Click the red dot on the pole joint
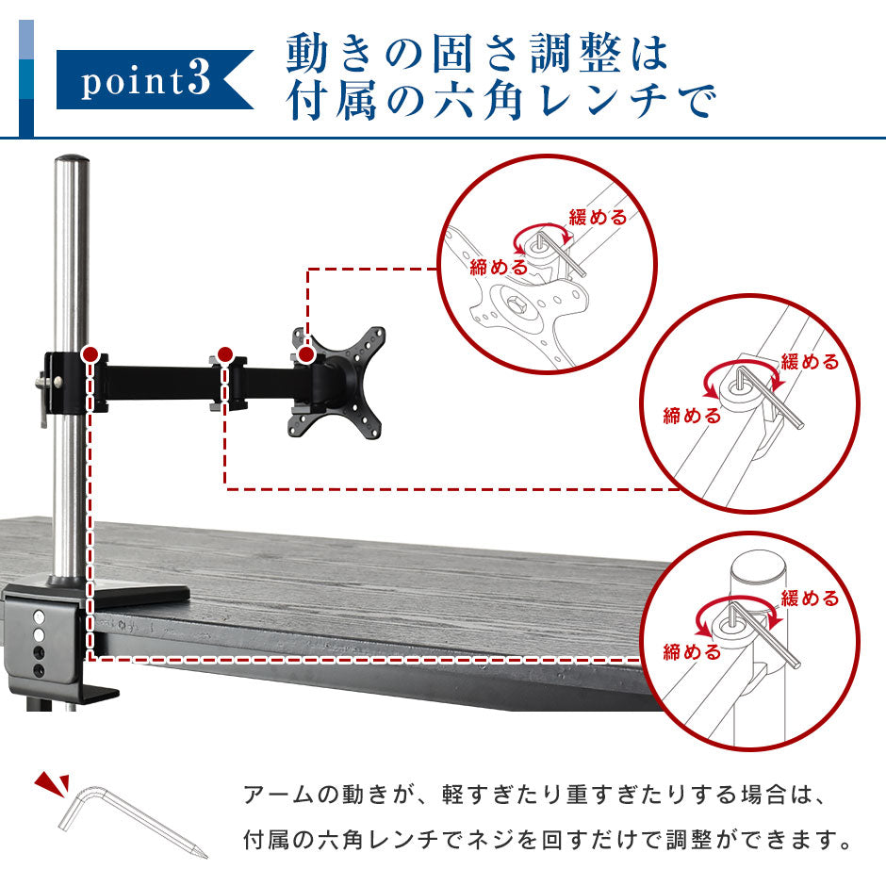[90, 354]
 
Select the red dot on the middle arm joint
[225, 354]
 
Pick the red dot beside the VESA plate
[306, 354]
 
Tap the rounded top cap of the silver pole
[72, 159]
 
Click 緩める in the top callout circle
[598, 217]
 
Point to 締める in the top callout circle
[499, 267]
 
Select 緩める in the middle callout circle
[810, 362]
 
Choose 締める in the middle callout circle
[692, 416]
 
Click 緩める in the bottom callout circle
[810, 598]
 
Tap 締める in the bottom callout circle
[692, 652]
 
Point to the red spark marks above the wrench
[52, 784]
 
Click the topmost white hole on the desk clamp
[39, 615]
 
